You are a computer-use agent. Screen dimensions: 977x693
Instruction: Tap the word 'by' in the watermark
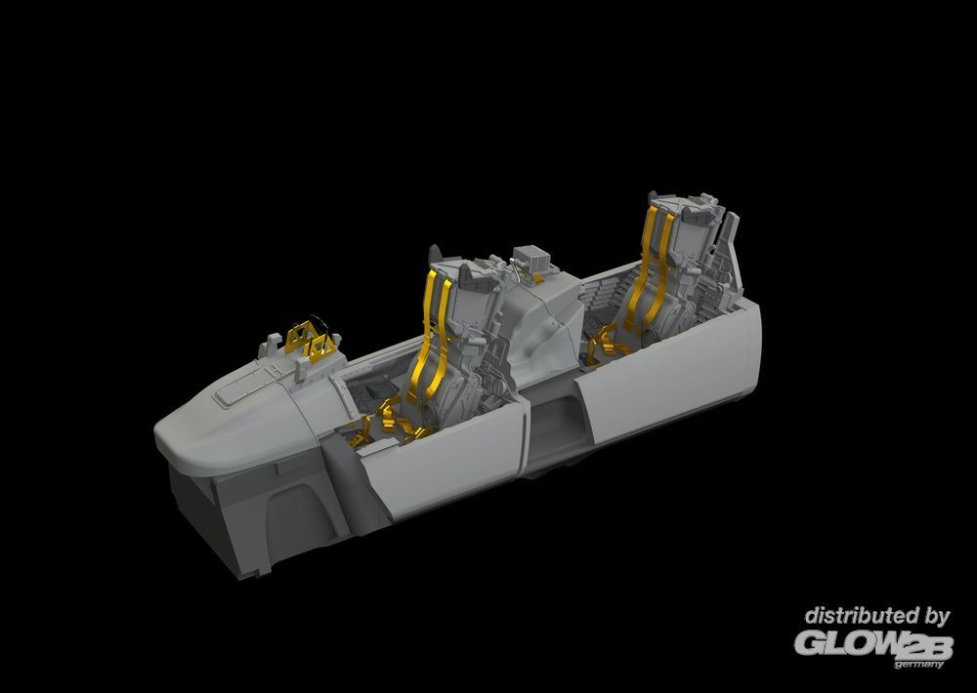tap(937, 618)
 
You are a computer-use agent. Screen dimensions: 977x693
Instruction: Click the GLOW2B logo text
tap(873, 644)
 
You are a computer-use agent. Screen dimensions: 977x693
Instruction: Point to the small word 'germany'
tap(919, 665)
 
